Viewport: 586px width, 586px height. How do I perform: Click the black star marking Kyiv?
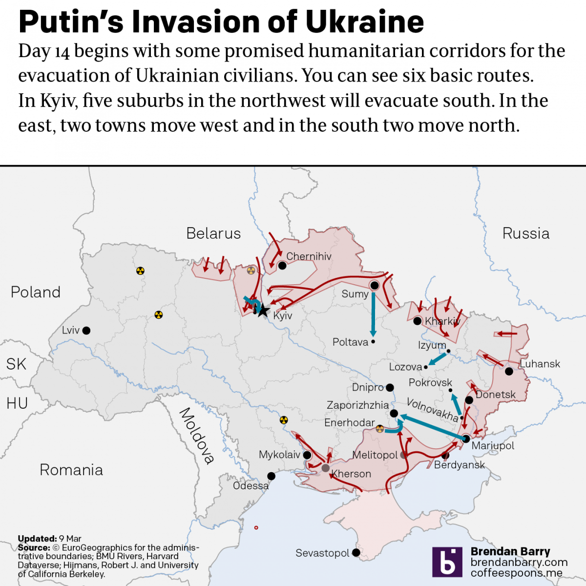263,310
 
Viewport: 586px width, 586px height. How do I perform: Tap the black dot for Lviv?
86,331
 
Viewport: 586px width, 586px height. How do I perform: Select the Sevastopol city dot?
356,553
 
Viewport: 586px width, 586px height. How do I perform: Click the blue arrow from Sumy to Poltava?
373,313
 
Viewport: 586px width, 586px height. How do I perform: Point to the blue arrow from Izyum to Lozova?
436,360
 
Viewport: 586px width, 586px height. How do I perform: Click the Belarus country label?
213,233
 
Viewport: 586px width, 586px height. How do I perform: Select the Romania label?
71,470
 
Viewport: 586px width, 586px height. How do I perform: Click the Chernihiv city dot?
282,265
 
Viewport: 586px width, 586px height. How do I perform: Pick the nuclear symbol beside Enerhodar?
380,429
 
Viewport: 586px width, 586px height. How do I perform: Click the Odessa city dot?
271,476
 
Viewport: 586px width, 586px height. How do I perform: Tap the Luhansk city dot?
509,372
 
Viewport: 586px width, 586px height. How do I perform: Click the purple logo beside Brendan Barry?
447,562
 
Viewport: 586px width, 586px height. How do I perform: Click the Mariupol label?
493,445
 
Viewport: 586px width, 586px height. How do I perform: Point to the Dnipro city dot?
390,388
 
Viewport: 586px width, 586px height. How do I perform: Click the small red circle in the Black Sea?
256,527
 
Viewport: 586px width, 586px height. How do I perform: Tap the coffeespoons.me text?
516,573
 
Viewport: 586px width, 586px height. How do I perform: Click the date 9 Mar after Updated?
70,539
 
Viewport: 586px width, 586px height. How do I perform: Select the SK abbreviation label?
16,364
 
